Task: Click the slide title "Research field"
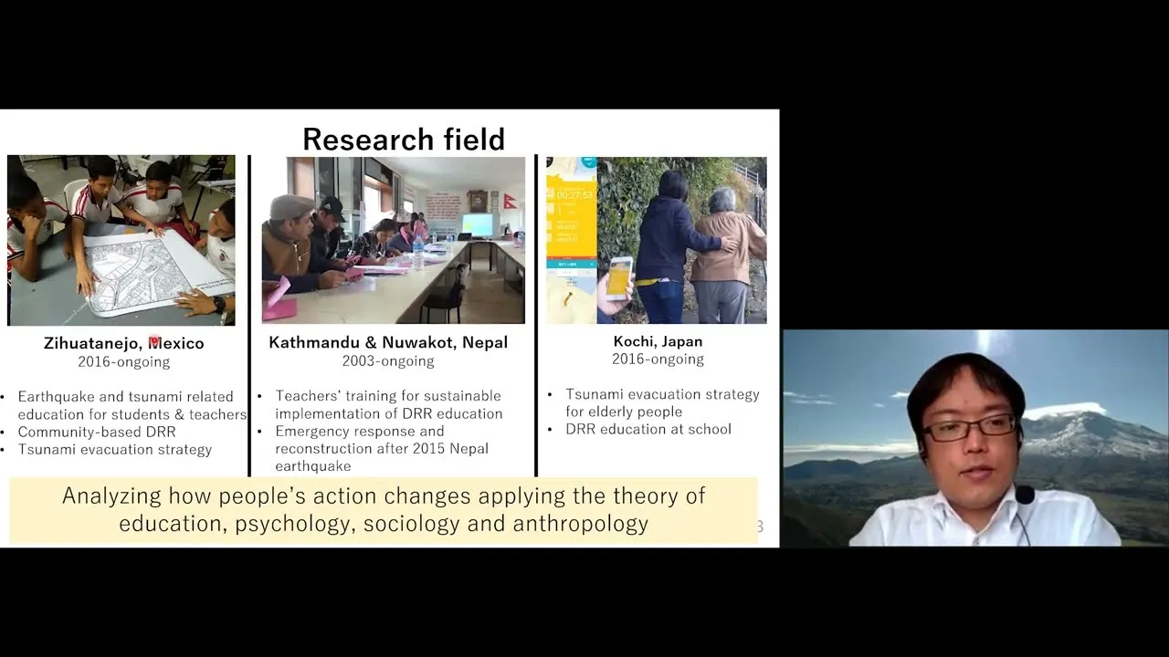click(x=404, y=140)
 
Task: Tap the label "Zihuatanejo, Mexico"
click(x=123, y=343)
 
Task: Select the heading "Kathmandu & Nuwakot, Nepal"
click(x=388, y=342)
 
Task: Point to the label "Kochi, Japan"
click(x=658, y=341)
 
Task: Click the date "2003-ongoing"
click(x=388, y=360)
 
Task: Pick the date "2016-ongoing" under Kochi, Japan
click(x=658, y=360)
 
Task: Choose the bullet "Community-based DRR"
click(x=97, y=432)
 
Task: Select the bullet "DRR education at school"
click(x=648, y=429)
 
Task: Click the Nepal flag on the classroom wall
click(x=511, y=201)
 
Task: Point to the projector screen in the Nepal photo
click(x=478, y=224)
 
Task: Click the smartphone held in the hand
click(x=618, y=278)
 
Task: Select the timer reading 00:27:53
click(x=574, y=195)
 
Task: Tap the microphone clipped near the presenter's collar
click(x=1025, y=495)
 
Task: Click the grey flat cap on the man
click(x=291, y=207)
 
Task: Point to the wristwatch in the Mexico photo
click(x=219, y=304)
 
